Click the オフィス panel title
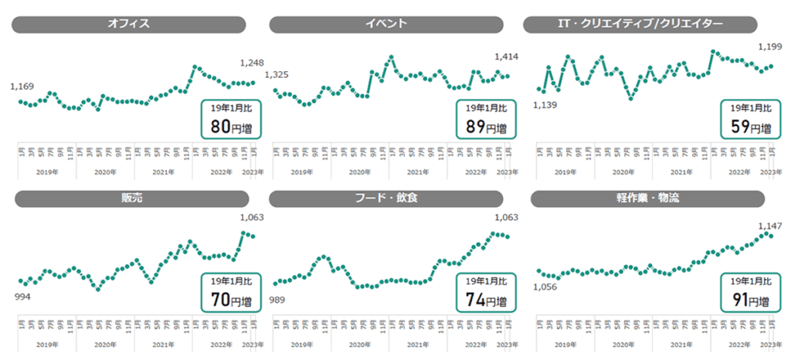(129, 24)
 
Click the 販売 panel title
(129, 199)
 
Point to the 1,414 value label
(506, 56)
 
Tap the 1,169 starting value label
(22, 87)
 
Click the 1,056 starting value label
(545, 287)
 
